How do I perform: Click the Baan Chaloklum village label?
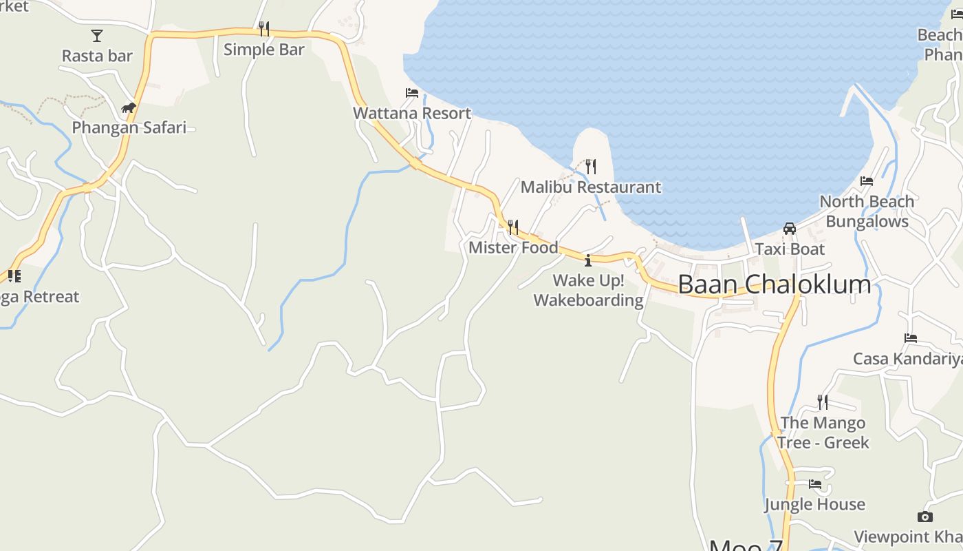[x=774, y=284]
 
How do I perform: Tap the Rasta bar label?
[x=97, y=56]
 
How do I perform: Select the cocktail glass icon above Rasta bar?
[x=97, y=35]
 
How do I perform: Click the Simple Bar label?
[x=264, y=50]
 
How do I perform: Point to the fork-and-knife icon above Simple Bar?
[x=264, y=28]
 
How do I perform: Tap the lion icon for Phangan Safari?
[x=129, y=107]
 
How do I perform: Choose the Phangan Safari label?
[x=129, y=127]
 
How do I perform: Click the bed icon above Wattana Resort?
[x=412, y=93]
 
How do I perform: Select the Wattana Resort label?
[x=412, y=113]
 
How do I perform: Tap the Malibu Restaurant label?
[x=591, y=187]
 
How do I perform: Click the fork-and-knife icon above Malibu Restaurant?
[x=591, y=166]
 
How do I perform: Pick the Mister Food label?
[x=513, y=247]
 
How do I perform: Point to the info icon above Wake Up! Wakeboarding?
[x=588, y=260]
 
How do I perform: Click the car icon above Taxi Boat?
[x=790, y=229]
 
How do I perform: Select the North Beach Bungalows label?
[x=867, y=211]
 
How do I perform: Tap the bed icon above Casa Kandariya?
[x=911, y=338]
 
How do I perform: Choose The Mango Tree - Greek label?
[x=823, y=433]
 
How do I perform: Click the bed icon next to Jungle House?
[x=815, y=484]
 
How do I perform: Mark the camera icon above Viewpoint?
[x=925, y=517]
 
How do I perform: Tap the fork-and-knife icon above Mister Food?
[x=513, y=227]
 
